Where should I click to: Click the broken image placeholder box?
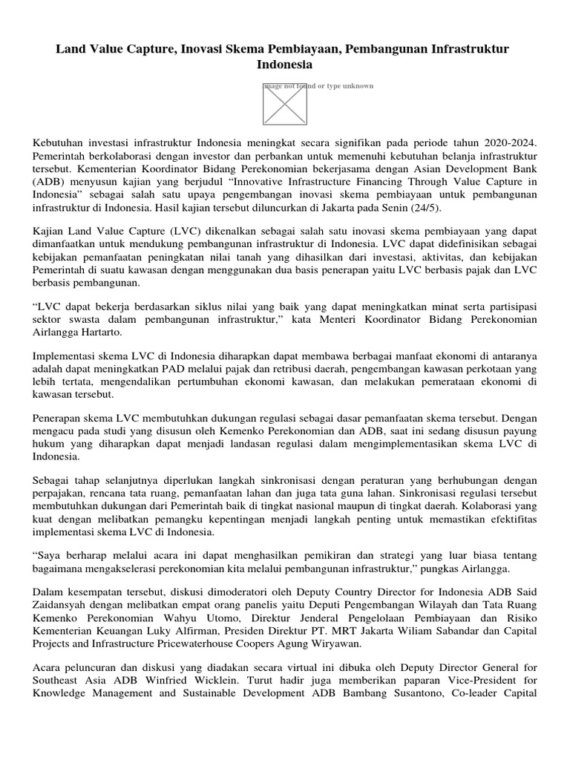coord(285,103)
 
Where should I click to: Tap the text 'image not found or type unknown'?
coord(319,86)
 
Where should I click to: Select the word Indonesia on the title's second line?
coord(285,65)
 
